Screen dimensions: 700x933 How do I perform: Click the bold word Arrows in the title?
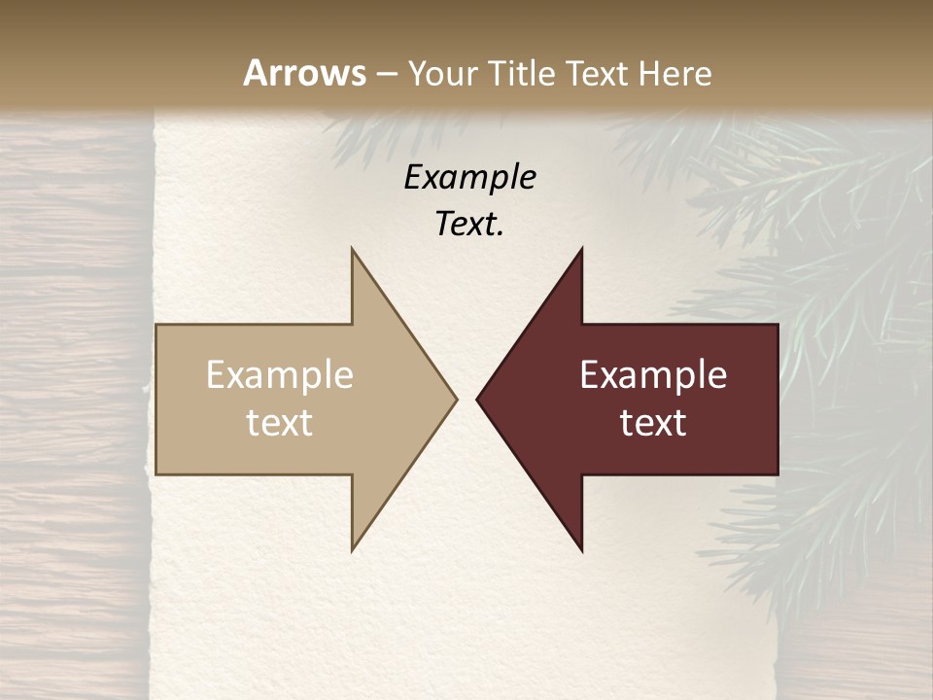coord(304,73)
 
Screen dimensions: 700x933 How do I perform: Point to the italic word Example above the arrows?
coord(470,177)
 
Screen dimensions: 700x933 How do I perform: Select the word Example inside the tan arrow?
coord(280,374)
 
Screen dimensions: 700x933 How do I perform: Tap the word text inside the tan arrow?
coord(280,422)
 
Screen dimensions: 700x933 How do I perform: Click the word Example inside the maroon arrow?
coord(653,374)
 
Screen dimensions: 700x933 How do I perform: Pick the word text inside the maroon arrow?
coord(653,422)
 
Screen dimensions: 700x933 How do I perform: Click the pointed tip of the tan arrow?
coord(456,399)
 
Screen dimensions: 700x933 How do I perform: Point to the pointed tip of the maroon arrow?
coord(477,399)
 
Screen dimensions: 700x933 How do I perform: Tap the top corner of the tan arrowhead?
coord(353,249)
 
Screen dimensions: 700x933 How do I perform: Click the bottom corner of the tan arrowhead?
coord(353,550)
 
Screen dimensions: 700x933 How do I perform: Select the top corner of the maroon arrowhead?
coord(581,249)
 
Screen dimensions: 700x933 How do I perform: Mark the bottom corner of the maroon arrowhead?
coord(581,550)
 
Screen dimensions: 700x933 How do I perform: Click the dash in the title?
coord(386,75)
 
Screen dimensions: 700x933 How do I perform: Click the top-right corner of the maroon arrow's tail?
coord(777,325)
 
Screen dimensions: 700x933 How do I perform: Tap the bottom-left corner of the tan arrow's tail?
coord(156,474)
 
